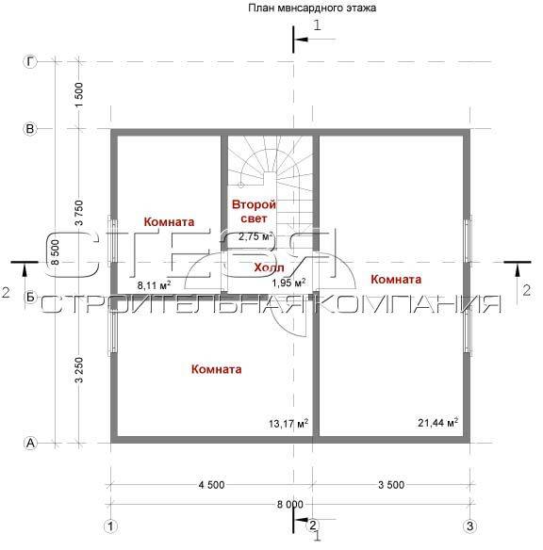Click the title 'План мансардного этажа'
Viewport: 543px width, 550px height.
312,8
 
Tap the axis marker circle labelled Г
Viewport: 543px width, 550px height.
30,62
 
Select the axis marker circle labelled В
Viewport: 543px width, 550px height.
30,129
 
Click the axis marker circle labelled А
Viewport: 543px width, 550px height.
30,443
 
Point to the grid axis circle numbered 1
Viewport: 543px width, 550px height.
111,526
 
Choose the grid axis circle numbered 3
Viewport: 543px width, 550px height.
470,526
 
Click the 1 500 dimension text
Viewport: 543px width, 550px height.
79,95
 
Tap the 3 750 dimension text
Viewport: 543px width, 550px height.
79,213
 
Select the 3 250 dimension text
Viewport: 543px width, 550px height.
79,370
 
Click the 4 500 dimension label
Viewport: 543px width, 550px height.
211,485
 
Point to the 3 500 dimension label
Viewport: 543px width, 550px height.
391,485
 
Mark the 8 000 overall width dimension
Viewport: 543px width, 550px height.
290,505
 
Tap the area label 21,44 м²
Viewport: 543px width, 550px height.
437,422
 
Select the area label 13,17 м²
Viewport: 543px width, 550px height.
288,424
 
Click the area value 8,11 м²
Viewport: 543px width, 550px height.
154,285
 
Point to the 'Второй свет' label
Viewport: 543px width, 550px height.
255,212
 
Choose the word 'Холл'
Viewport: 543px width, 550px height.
270,267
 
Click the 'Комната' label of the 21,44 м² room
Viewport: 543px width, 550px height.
396,279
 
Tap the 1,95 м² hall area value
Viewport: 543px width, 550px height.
288,283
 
